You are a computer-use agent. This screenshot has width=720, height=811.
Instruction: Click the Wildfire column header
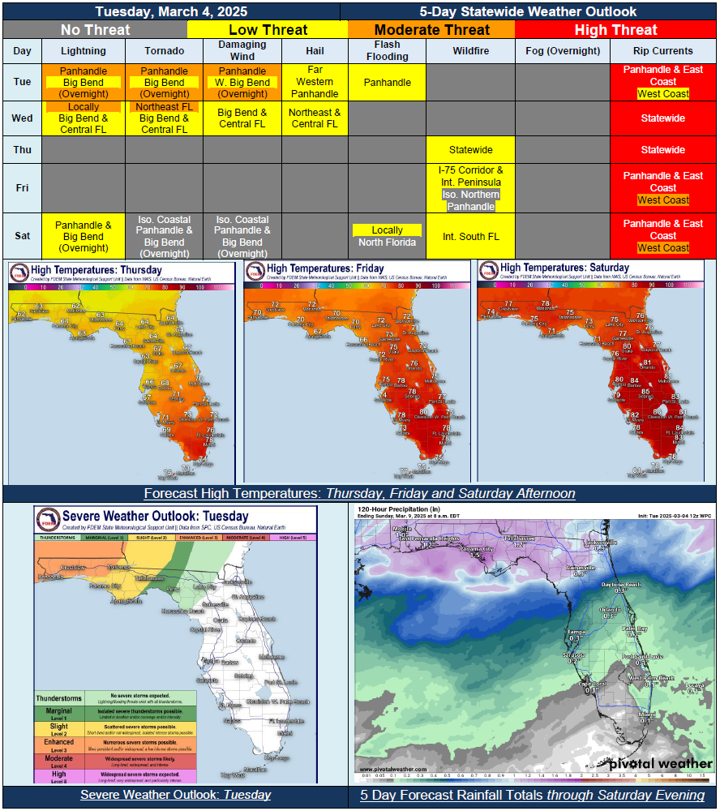471,50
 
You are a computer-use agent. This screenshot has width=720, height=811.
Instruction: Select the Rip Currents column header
663,50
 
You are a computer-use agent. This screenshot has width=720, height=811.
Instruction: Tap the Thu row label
23,149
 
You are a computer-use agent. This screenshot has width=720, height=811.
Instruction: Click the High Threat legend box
616,30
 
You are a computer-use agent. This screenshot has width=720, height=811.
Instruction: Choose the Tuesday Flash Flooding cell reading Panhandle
387,82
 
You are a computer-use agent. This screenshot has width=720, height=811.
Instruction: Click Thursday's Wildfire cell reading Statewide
471,150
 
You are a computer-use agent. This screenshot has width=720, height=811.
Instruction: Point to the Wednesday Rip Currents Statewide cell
663,118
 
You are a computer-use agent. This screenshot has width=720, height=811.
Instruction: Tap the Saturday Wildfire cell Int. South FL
471,236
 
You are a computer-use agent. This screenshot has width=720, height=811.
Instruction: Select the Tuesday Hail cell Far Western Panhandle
315,82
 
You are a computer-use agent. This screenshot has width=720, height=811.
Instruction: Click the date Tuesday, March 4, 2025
171,11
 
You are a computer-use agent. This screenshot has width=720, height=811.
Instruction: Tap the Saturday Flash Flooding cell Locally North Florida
387,236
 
